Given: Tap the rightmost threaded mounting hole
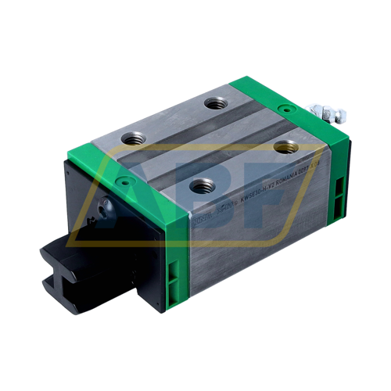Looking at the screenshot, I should pyautogui.click(x=285, y=146).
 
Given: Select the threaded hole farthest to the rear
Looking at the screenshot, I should pyautogui.click(x=215, y=102).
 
